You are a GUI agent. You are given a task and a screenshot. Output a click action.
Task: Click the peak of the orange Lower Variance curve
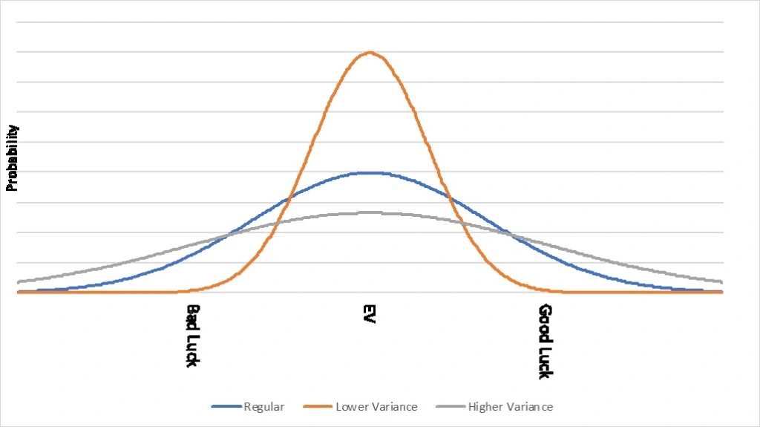tap(370, 53)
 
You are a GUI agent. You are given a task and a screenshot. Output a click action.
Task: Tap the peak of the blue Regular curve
tap(370, 172)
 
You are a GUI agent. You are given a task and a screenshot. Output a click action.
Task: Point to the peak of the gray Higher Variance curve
tap(370, 212)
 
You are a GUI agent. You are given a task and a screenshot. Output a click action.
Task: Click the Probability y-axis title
tap(13, 158)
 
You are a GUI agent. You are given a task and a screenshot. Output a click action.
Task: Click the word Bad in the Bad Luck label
tap(192, 315)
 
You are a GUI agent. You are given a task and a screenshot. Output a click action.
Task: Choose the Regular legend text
tap(264, 406)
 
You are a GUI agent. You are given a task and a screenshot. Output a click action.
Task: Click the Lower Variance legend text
tap(376, 406)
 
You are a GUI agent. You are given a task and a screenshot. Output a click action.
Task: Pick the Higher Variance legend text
tap(511, 406)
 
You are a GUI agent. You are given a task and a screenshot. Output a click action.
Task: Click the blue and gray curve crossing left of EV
tap(229, 235)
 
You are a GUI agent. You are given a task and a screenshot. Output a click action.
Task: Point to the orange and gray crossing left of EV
tap(273, 224)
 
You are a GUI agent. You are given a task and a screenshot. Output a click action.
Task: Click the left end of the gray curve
tap(18, 281)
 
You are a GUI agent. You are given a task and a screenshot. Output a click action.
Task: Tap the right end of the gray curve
tap(722, 281)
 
